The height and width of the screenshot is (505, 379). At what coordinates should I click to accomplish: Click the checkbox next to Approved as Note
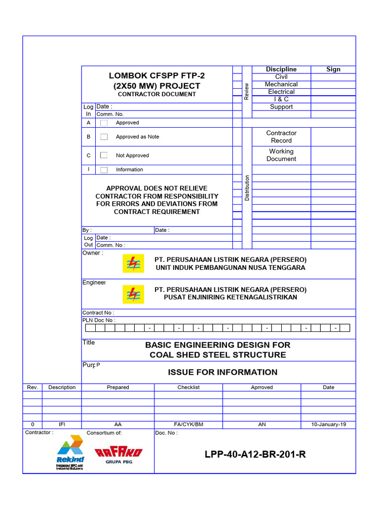(x=104, y=137)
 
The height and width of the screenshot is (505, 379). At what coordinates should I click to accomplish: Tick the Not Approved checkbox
(x=104, y=155)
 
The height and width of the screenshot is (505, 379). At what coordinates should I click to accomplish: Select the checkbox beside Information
(x=104, y=170)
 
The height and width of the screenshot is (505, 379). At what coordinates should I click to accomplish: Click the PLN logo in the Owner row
(x=133, y=264)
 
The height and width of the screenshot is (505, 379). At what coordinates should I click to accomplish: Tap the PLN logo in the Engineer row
(x=133, y=294)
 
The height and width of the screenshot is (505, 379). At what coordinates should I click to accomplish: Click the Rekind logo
(x=70, y=451)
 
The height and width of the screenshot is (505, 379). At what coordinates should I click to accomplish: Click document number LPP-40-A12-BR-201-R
(x=255, y=454)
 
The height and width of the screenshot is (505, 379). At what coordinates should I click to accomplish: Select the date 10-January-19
(x=328, y=425)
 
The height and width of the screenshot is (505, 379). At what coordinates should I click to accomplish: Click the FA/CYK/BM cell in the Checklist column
(x=189, y=425)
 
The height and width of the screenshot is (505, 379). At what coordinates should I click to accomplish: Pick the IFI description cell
(x=62, y=425)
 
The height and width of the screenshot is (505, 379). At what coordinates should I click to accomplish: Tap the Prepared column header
(x=118, y=387)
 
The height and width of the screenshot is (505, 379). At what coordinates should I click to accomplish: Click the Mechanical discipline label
(x=281, y=84)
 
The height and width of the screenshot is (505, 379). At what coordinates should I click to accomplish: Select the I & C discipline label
(x=281, y=99)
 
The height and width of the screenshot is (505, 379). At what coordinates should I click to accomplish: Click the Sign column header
(x=333, y=70)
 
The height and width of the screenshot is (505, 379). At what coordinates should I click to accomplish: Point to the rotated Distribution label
(x=247, y=188)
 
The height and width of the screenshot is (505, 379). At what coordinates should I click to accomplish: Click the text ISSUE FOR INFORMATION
(x=223, y=372)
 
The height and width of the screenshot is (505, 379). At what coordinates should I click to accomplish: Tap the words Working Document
(x=281, y=155)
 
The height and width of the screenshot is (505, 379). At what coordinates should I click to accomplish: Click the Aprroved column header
(x=262, y=387)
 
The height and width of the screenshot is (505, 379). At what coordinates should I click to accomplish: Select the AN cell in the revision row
(x=262, y=425)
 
